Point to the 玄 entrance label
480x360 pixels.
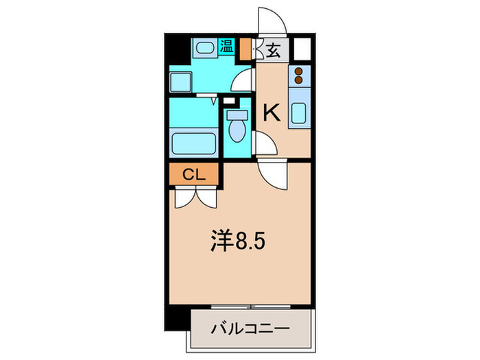click(x=274, y=50)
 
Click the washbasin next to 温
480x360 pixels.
click(x=204, y=49)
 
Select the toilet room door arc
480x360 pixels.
click(x=264, y=142)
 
